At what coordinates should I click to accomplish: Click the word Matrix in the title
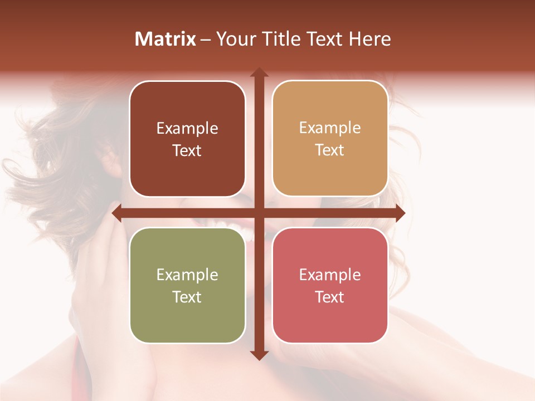click(x=166, y=39)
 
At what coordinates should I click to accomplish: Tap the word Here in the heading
click(x=369, y=39)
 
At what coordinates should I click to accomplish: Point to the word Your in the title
click(x=234, y=39)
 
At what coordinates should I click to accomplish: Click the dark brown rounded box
click(x=187, y=139)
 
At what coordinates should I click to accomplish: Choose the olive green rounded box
click(x=187, y=285)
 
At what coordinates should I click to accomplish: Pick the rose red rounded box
click(x=330, y=285)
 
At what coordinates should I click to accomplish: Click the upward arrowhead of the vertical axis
click(x=259, y=72)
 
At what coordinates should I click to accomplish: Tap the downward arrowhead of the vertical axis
click(x=259, y=355)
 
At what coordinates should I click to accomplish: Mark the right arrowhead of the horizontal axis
click(x=400, y=213)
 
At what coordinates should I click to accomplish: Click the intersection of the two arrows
click(x=259, y=213)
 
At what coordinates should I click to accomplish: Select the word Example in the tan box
click(x=330, y=128)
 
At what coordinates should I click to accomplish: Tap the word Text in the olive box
click(x=187, y=297)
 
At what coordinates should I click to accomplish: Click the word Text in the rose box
click(x=330, y=297)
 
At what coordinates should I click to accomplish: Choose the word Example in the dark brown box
click(x=187, y=128)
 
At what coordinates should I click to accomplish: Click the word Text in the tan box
click(x=330, y=150)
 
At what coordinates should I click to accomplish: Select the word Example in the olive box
click(x=187, y=275)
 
